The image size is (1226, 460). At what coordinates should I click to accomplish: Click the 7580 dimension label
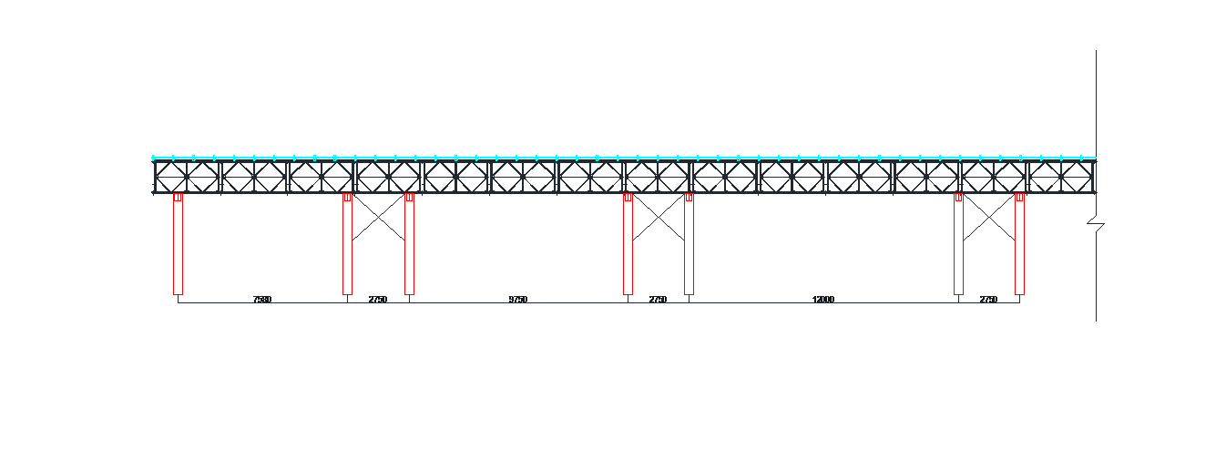(x=262, y=300)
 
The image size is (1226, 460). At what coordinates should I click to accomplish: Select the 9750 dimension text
(x=518, y=300)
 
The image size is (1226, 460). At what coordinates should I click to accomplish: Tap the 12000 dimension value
(x=823, y=300)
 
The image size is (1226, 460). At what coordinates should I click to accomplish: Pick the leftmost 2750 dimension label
(x=378, y=300)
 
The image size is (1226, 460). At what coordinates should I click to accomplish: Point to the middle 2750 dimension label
(x=658, y=300)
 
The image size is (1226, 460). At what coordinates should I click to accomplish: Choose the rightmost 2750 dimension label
(x=988, y=300)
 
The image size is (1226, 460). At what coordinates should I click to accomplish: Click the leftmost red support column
(x=178, y=246)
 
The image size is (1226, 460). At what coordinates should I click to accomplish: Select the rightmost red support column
(x=1019, y=246)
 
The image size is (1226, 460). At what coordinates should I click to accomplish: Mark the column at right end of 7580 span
(x=347, y=246)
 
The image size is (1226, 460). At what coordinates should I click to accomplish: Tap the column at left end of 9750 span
(x=409, y=246)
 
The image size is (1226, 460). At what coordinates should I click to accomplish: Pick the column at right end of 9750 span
(x=628, y=246)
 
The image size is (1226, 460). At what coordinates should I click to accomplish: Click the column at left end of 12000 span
(x=689, y=246)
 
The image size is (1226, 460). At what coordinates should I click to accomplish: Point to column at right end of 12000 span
(x=958, y=246)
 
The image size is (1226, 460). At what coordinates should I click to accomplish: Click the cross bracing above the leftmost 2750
(x=378, y=218)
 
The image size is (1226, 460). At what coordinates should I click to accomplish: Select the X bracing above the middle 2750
(x=658, y=218)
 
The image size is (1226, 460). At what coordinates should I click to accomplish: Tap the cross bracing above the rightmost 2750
(x=988, y=218)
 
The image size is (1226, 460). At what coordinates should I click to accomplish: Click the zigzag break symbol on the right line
(x=1096, y=223)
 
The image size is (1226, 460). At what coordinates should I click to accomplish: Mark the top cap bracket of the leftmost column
(x=178, y=197)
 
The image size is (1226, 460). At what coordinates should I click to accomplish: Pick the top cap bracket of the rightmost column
(x=1019, y=197)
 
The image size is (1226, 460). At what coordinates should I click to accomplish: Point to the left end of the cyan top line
(x=153, y=158)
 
